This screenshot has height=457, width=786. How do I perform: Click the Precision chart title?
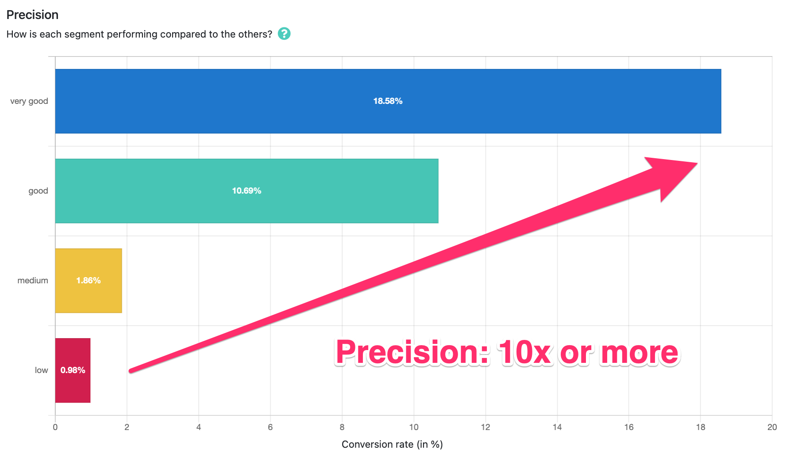[x=32, y=15]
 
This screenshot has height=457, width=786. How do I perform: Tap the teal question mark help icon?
[x=284, y=34]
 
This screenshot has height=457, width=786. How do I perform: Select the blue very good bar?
[x=388, y=101]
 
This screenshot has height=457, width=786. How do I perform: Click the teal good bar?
[x=247, y=191]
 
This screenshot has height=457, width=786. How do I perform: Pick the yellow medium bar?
[x=89, y=281]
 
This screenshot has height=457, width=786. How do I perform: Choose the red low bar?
[x=73, y=370]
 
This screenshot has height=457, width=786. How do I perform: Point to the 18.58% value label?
[x=388, y=101]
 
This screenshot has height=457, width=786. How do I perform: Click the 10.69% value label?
[x=247, y=191]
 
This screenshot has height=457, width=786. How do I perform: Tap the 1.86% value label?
[x=89, y=281]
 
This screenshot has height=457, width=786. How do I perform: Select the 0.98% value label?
[x=73, y=370]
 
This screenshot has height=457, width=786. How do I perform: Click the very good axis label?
[x=29, y=101]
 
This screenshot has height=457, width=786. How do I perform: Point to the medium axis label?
[x=33, y=281]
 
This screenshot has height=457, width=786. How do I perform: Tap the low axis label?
[x=42, y=370]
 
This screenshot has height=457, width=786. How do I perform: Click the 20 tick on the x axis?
[x=772, y=427]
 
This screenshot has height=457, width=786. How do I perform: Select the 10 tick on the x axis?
[x=414, y=427]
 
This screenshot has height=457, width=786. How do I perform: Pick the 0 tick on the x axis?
[x=55, y=427]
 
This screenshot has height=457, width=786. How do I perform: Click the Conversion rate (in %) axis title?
[x=392, y=444]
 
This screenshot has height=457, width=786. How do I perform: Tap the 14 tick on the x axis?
[x=557, y=427]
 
